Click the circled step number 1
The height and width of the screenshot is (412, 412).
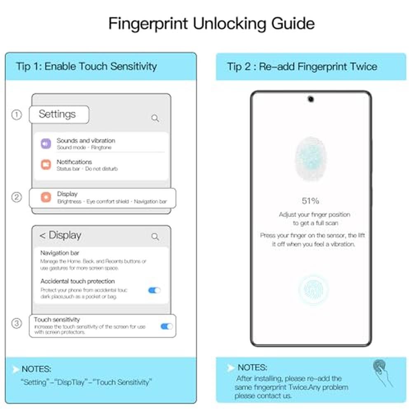(16, 115)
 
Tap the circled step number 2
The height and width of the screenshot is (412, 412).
(16, 197)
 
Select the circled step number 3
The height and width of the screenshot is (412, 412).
(16, 323)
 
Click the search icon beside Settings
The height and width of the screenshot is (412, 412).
(155, 118)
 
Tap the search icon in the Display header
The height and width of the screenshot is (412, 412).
(155, 237)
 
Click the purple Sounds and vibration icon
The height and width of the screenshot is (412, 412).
(46, 143)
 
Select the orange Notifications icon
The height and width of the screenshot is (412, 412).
(46, 164)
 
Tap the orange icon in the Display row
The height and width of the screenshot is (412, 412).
(46, 197)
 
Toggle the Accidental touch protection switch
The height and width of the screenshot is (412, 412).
(154, 290)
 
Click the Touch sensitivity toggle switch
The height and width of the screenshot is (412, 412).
(166, 326)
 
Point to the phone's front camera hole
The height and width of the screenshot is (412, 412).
(311, 99)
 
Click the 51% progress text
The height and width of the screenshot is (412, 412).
(310, 201)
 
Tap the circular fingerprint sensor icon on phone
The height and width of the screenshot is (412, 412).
(314, 290)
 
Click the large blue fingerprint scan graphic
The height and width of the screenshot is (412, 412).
(311, 159)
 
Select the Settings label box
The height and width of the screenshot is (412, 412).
(59, 115)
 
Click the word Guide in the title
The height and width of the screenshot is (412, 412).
(293, 23)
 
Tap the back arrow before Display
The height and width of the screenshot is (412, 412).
(42, 236)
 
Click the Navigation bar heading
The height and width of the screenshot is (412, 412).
(60, 253)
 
